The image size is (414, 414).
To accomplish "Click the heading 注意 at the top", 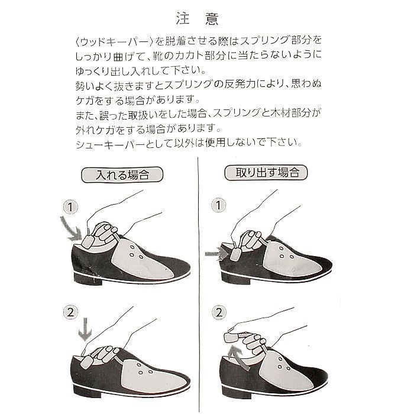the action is (x=197, y=19).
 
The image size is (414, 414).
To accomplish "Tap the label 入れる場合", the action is (x=122, y=174).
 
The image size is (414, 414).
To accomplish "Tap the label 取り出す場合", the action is (x=266, y=173).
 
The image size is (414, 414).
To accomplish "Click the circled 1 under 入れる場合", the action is (x=70, y=207).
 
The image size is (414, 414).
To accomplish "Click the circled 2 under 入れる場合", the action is (x=70, y=312).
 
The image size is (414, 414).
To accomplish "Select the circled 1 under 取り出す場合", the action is (x=218, y=205).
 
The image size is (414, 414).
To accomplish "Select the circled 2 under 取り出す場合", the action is (x=219, y=313).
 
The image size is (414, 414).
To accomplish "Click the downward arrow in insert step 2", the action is (x=85, y=329).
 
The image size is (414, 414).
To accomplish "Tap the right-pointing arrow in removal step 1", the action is (x=216, y=254).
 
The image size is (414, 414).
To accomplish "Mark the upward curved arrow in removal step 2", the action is (x=239, y=358).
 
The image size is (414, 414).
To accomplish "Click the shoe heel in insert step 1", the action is (x=88, y=279).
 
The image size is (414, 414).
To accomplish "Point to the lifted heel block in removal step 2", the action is (x=230, y=338).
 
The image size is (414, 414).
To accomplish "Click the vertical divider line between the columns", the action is (x=198, y=285).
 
